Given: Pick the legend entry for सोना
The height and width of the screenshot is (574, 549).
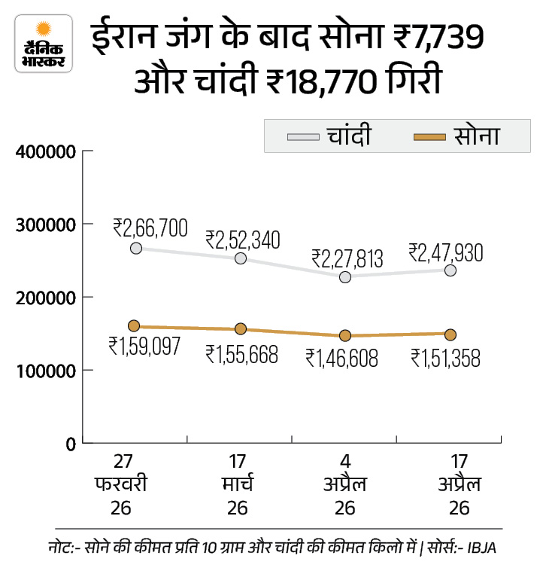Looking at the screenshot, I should tap(460, 136).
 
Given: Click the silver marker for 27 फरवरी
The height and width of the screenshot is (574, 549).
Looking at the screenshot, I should tap(135, 248).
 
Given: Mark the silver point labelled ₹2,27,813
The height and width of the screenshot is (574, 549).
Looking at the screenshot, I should tap(345, 276).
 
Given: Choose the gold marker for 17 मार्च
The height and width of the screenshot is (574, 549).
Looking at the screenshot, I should tap(241, 328).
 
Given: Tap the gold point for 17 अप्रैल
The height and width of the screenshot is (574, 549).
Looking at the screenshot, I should tap(450, 334).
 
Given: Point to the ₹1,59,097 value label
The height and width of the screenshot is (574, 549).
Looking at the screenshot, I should tap(144, 347).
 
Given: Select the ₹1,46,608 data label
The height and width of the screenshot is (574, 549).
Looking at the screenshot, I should tap(348, 356).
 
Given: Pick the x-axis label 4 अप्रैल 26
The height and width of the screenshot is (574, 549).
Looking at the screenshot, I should tap(345, 484).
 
